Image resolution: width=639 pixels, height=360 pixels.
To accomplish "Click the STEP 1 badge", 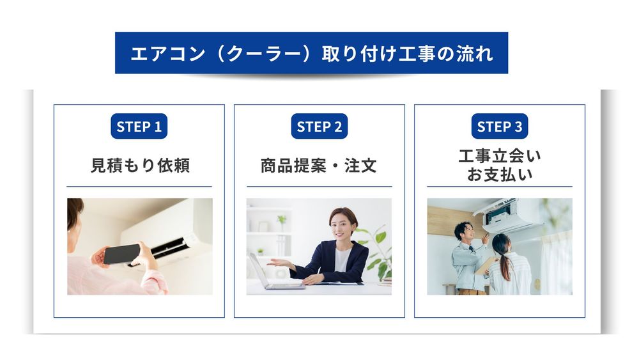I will tap(139, 127).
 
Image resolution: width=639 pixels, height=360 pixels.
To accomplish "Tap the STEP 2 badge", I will tap(319, 127).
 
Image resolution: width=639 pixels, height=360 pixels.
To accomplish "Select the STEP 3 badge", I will tap(500, 127).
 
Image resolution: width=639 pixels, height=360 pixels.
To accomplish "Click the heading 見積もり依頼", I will tap(139, 166).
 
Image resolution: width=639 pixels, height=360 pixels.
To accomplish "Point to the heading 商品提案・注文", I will tap(319, 166).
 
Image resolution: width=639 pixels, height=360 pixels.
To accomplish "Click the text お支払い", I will tap(500, 175).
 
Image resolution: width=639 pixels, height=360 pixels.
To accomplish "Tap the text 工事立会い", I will tap(500, 156).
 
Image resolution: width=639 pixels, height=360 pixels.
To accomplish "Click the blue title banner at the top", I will tap(311, 53).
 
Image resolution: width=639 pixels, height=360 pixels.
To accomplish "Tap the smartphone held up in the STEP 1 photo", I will tap(121, 254).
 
